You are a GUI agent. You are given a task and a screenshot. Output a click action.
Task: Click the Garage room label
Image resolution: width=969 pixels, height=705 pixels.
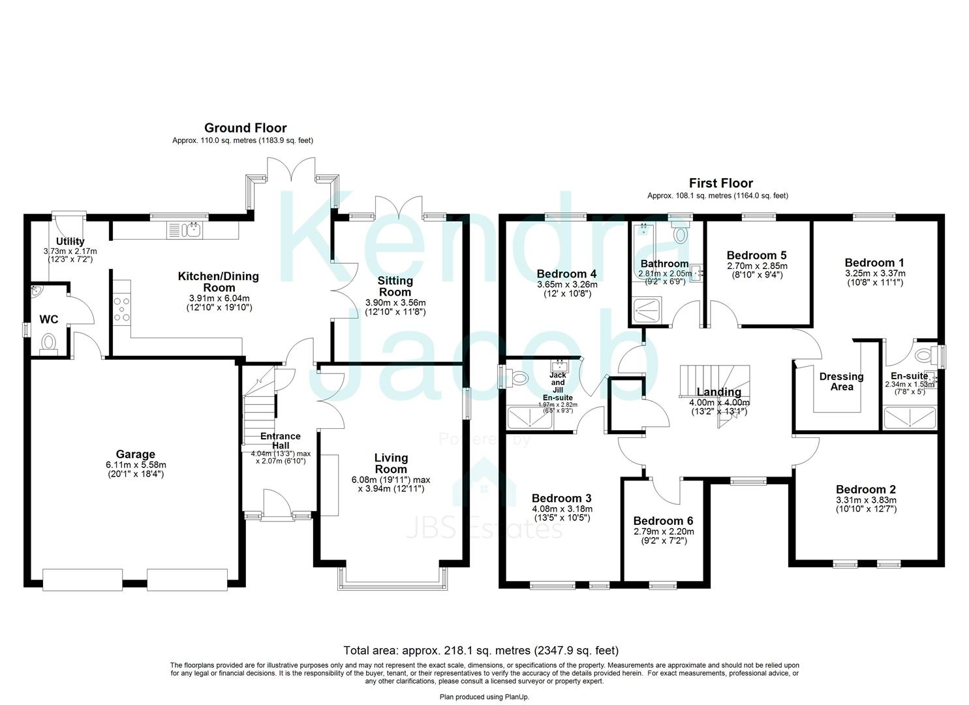coord(135,454)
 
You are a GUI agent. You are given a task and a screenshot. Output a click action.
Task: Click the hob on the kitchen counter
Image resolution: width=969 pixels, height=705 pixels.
coord(121,309)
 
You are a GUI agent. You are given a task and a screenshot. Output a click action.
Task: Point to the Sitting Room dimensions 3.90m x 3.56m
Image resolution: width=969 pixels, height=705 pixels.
coord(395,302)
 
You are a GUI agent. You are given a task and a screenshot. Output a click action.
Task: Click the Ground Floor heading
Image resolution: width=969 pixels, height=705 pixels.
coord(245,128)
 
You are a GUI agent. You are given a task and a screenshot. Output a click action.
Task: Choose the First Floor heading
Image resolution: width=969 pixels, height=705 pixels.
coord(720,183)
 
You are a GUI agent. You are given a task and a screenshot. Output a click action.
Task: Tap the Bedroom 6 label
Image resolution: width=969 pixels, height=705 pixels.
coord(663,521)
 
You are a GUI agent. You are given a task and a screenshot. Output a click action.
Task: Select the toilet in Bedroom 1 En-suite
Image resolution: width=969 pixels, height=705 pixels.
coord(925,356)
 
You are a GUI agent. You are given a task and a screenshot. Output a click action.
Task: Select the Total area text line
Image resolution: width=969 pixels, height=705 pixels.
coord(481,650)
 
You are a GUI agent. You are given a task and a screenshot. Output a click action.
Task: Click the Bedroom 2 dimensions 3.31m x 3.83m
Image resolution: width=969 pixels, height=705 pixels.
coord(866,500)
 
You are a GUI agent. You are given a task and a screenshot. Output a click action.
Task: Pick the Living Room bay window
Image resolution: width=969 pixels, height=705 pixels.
coord(392,580)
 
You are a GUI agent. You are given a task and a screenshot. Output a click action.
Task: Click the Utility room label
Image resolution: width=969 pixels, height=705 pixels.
coord(70,242)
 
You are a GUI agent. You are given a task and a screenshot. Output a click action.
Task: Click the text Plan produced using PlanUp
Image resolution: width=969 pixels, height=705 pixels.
coord(484,697)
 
